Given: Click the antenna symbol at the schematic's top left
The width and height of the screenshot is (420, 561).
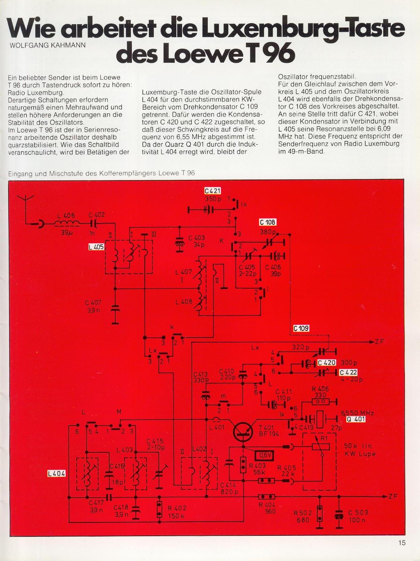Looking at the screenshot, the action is pyautogui.click(x=26, y=202).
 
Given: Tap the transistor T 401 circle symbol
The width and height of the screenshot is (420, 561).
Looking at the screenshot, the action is pyautogui.click(x=243, y=431).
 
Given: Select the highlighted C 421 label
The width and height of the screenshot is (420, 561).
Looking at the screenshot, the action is pyautogui.click(x=213, y=191).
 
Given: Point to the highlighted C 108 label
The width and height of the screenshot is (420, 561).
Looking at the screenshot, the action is pyautogui.click(x=268, y=222).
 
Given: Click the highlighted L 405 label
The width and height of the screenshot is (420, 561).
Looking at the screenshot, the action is pyautogui.click(x=96, y=247).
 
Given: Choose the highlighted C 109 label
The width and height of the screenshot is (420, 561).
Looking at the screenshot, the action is pyautogui.click(x=301, y=328).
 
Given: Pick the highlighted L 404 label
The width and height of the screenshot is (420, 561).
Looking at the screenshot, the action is pyautogui.click(x=56, y=474).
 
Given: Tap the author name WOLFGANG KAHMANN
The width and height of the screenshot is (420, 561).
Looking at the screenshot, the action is pyautogui.click(x=48, y=46).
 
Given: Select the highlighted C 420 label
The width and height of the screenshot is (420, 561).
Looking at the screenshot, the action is pyautogui.click(x=327, y=363).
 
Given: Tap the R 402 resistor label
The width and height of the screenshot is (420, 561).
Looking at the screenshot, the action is pyautogui.click(x=177, y=508).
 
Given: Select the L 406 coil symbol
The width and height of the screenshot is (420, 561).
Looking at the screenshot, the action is pyautogui.click(x=66, y=224).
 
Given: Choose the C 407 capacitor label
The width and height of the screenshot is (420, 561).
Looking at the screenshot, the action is pyautogui.click(x=93, y=303).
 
